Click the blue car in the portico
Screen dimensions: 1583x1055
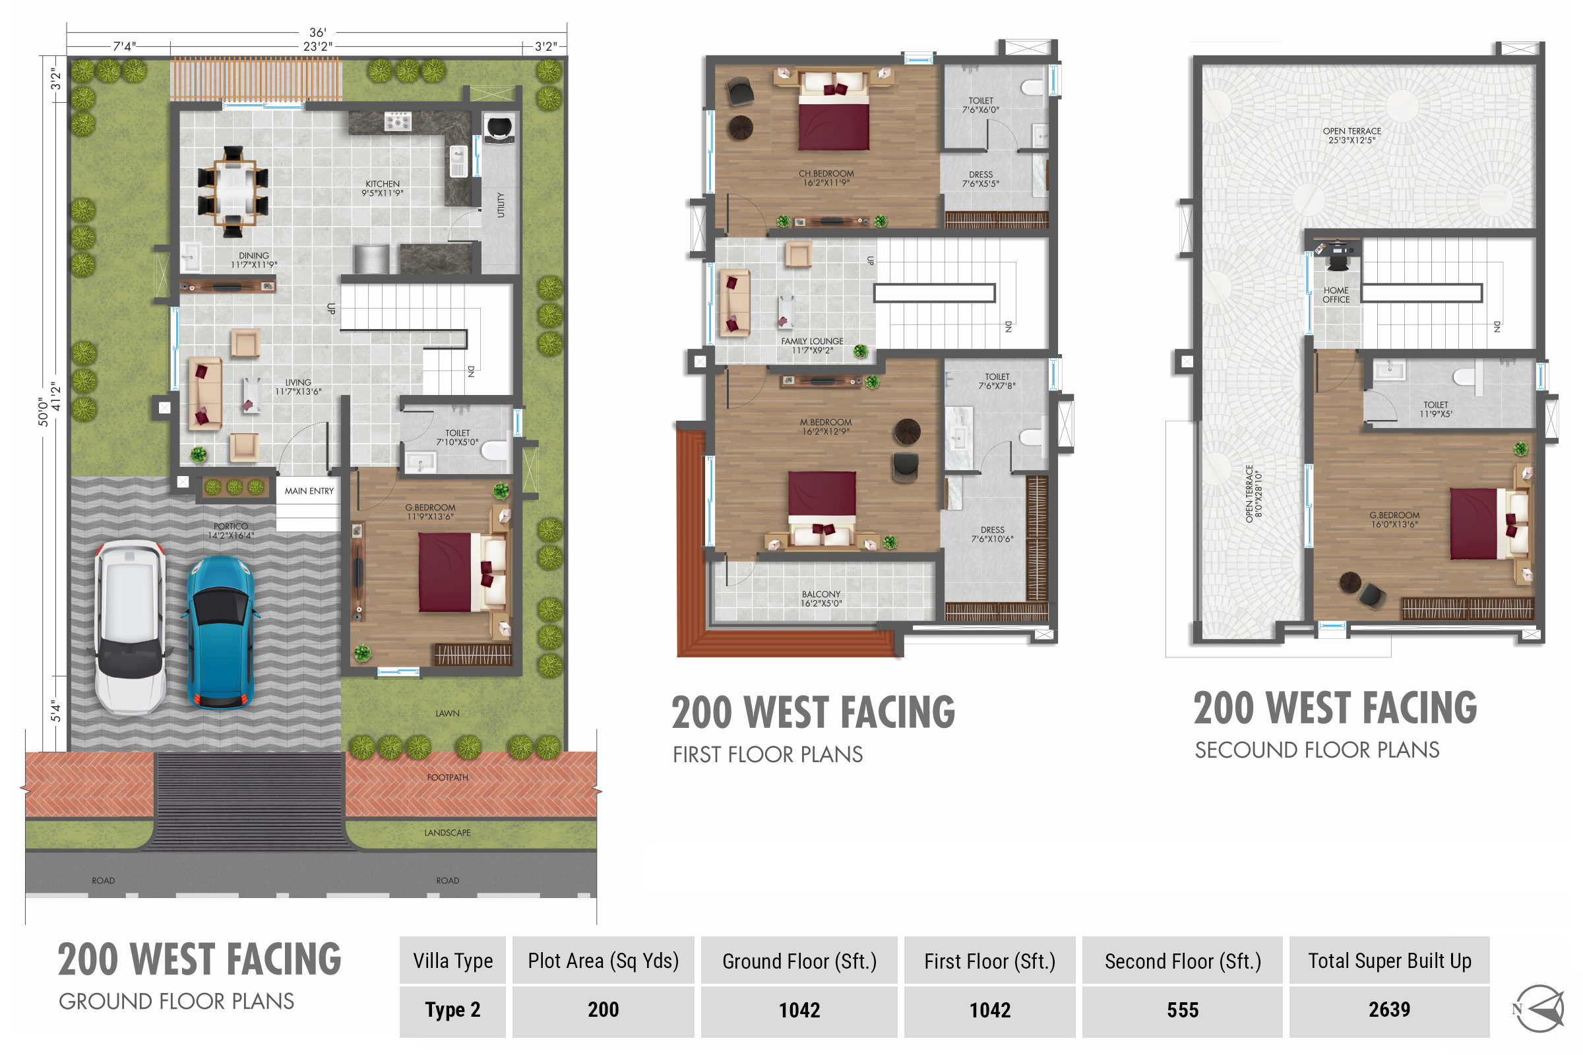220,632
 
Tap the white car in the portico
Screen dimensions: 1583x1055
130,627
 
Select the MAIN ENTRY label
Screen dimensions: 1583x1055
309,491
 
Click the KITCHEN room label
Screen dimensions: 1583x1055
383,184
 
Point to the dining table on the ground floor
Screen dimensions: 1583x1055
233,192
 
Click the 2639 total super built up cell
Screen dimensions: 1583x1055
1389,1010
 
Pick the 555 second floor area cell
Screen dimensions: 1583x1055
1183,1010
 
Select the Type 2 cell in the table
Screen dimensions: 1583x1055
452,1010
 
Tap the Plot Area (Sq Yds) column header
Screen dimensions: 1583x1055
603,961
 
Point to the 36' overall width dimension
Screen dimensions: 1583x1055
318,32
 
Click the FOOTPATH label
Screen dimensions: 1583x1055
448,778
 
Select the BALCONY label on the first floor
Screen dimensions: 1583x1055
821,594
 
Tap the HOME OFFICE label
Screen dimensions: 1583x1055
1336,295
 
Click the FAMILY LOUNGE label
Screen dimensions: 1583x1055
813,341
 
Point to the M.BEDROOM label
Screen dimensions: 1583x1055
826,423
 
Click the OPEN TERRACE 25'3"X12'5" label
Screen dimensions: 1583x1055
1352,136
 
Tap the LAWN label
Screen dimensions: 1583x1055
448,714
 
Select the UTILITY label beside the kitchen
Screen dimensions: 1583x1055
501,205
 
